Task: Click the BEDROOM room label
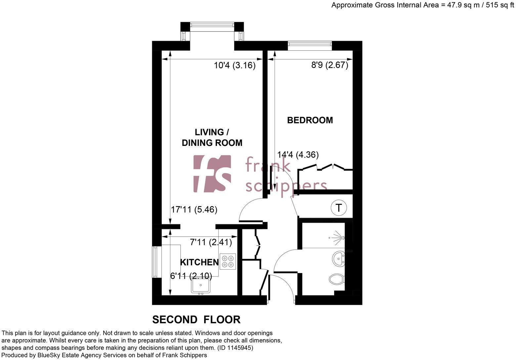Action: coord(310,120)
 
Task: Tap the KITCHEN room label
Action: coord(199,262)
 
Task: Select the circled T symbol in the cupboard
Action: coord(339,208)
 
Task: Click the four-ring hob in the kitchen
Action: coord(228,261)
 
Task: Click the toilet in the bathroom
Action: coord(337,279)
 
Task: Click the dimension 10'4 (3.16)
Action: coord(235,66)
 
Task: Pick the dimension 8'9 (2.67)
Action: coord(329,65)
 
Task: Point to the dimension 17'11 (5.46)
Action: coord(194,210)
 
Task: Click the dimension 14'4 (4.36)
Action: coord(298,155)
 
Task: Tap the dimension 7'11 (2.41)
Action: coord(211,242)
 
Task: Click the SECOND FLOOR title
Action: coord(196,320)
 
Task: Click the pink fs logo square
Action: coord(212,174)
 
